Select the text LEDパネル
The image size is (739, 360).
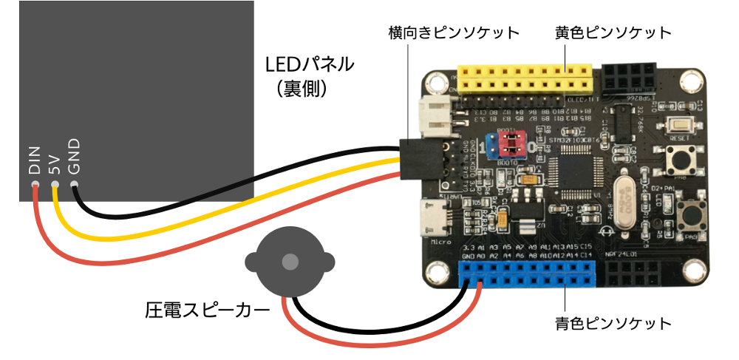coord(309,64)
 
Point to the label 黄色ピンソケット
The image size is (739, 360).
coord(613,33)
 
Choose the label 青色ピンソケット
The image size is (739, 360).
coord(613,324)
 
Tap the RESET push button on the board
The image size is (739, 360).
coord(678,126)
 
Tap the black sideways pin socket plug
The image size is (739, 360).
coord(419,159)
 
